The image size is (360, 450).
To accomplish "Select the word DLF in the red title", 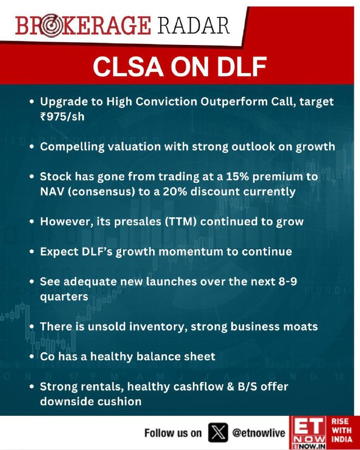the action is [x=241, y=66].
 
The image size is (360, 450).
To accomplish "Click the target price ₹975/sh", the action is [x=62, y=117].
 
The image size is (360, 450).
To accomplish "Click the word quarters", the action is [x=64, y=297].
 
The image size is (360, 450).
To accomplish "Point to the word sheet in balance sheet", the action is [x=201, y=357].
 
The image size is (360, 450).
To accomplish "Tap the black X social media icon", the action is [x=218, y=433].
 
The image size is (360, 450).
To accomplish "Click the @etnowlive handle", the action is [x=259, y=433].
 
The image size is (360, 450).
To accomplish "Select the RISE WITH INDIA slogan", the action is [x=341, y=430].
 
